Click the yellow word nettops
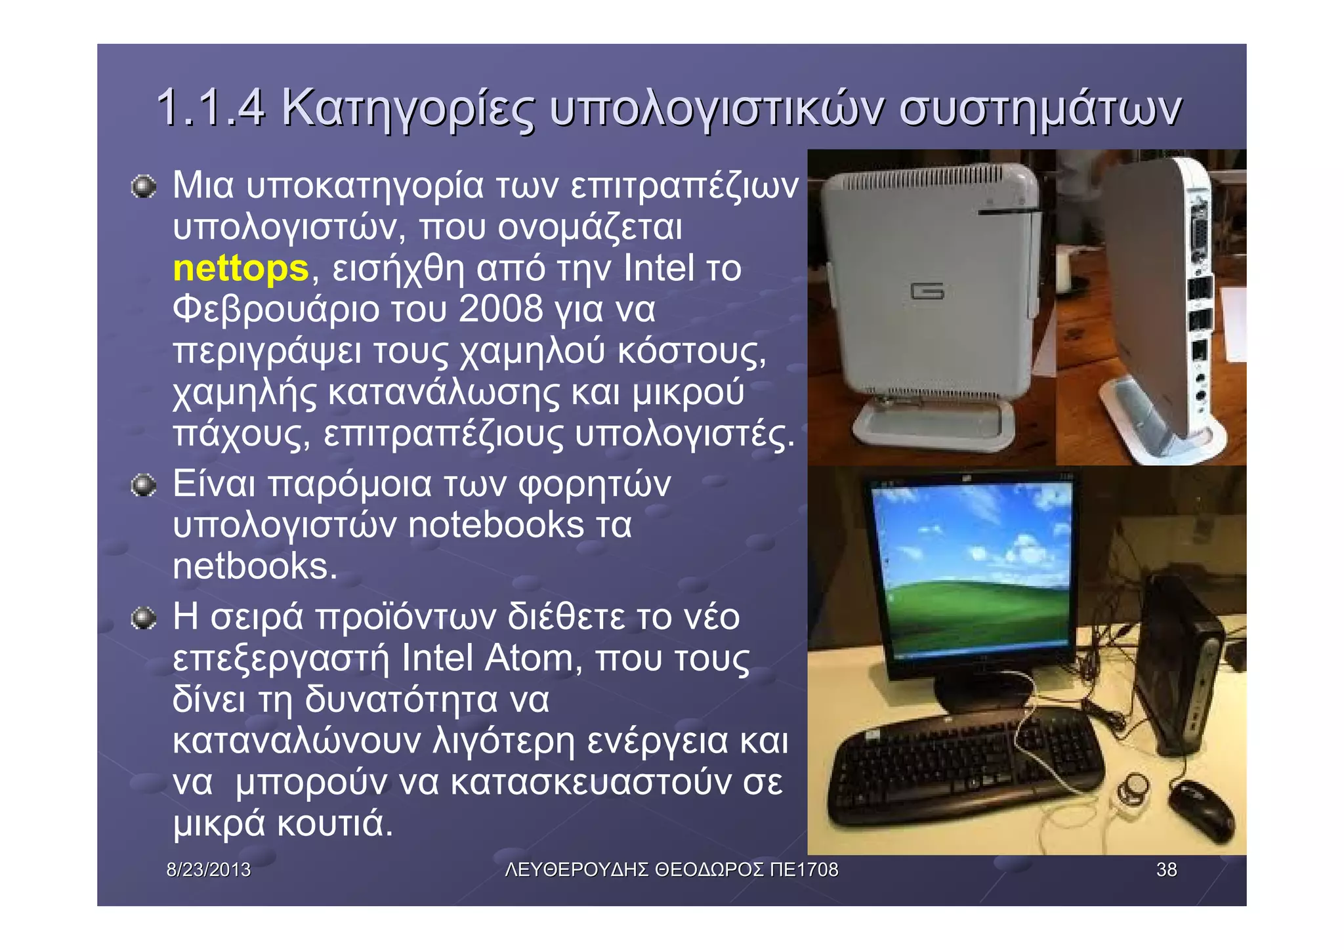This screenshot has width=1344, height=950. (240, 268)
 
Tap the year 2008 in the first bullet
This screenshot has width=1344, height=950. (501, 309)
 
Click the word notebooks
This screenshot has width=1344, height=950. (495, 525)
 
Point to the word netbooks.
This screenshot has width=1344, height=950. (255, 566)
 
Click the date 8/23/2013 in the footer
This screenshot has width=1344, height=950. (209, 870)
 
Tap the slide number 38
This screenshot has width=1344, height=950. (1166, 870)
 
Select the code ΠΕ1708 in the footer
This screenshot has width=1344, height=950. (804, 870)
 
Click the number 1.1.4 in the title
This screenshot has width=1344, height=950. (211, 108)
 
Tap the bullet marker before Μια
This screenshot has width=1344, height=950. (143, 187)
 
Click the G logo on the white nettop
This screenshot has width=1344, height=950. (927, 291)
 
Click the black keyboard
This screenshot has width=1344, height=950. (965, 764)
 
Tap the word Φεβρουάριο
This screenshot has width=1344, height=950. (276, 309)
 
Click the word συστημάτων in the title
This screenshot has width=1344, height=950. (1040, 109)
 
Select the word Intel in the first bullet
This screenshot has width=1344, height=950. (658, 268)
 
